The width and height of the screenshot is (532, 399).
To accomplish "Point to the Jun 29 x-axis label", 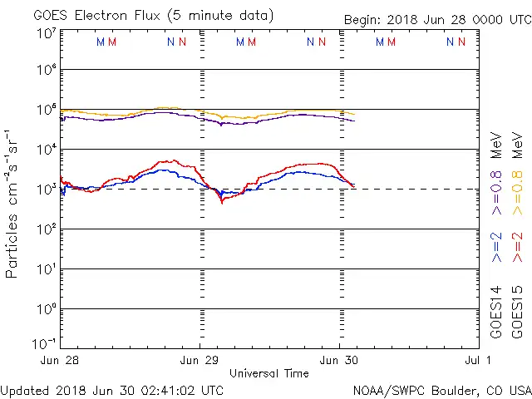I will (x=199, y=360).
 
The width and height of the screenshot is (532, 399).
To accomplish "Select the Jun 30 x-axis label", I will (x=339, y=360).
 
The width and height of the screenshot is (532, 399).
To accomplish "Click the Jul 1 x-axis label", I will (x=477, y=360).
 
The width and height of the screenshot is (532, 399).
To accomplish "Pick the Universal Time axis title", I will (x=269, y=373).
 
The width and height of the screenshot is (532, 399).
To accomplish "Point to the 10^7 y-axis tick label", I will (x=46, y=33).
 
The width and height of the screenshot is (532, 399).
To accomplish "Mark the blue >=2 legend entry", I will (x=496, y=249).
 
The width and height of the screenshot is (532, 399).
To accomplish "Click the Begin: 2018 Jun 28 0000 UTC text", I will (x=438, y=20).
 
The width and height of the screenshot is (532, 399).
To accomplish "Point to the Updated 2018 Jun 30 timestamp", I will (x=112, y=390).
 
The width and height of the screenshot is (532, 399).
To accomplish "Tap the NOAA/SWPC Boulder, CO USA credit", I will (x=442, y=390).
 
